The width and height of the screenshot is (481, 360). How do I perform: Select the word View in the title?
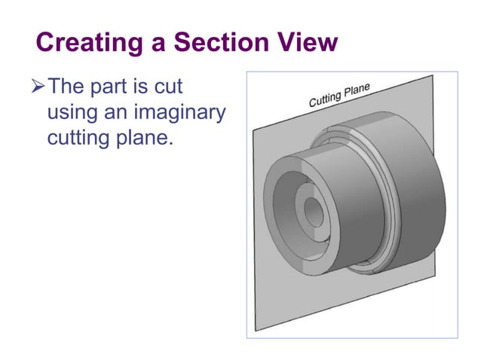pyautogui.click(x=308, y=43)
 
